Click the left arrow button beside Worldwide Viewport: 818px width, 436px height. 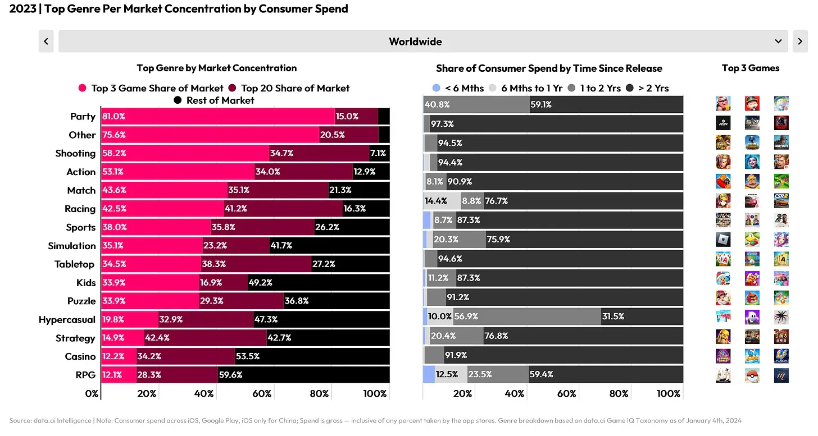click(x=46, y=42)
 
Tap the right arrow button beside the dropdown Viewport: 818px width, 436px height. click(x=800, y=42)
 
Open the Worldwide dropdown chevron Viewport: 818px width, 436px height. click(x=778, y=42)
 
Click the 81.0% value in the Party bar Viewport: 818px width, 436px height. click(x=114, y=117)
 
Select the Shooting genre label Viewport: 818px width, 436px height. click(x=75, y=153)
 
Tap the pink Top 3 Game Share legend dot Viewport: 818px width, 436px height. click(x=83, y=88)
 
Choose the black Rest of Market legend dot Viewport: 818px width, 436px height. click(x=178, y=100)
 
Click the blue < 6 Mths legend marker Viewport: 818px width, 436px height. click(x=436, y=88)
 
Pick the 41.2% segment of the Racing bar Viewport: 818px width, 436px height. click(x=235, y=209)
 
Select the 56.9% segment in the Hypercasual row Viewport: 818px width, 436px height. click(x=466, y=316)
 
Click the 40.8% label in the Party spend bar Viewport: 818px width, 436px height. click(x=437, y=104)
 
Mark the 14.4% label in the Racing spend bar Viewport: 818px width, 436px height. click(x=437, y=201)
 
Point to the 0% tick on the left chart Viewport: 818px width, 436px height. click(x=92, y=394)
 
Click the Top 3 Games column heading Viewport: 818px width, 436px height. click(x=751, y=68)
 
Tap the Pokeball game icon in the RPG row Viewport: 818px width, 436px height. click(x=752, y=375)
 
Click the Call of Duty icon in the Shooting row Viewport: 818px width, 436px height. click(x=781, y=142)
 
